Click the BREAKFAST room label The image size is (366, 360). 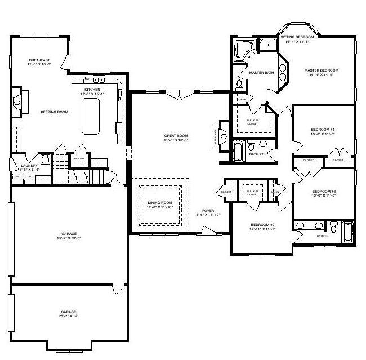[x=40, y=60]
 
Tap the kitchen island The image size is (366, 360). [x=90, y=117]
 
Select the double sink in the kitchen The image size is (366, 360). [x=99, y=79]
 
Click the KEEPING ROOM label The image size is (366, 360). [x=54, y=112]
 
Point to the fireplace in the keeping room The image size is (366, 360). [x=16, y=102]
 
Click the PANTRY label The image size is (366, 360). [x=78, y=158]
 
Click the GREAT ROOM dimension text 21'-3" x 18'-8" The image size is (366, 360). [x=176, y=141]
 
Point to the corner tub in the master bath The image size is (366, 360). [x=244, y=50]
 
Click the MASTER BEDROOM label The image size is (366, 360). [x=319, y=70]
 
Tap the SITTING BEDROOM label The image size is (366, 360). [x=298, y=37]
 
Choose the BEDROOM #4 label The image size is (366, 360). [x=323, y=130]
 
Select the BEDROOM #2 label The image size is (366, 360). [x=262, y=224]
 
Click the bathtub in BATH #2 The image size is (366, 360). [x=239, y=151]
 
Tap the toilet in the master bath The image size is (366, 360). [x=239, y=85]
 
